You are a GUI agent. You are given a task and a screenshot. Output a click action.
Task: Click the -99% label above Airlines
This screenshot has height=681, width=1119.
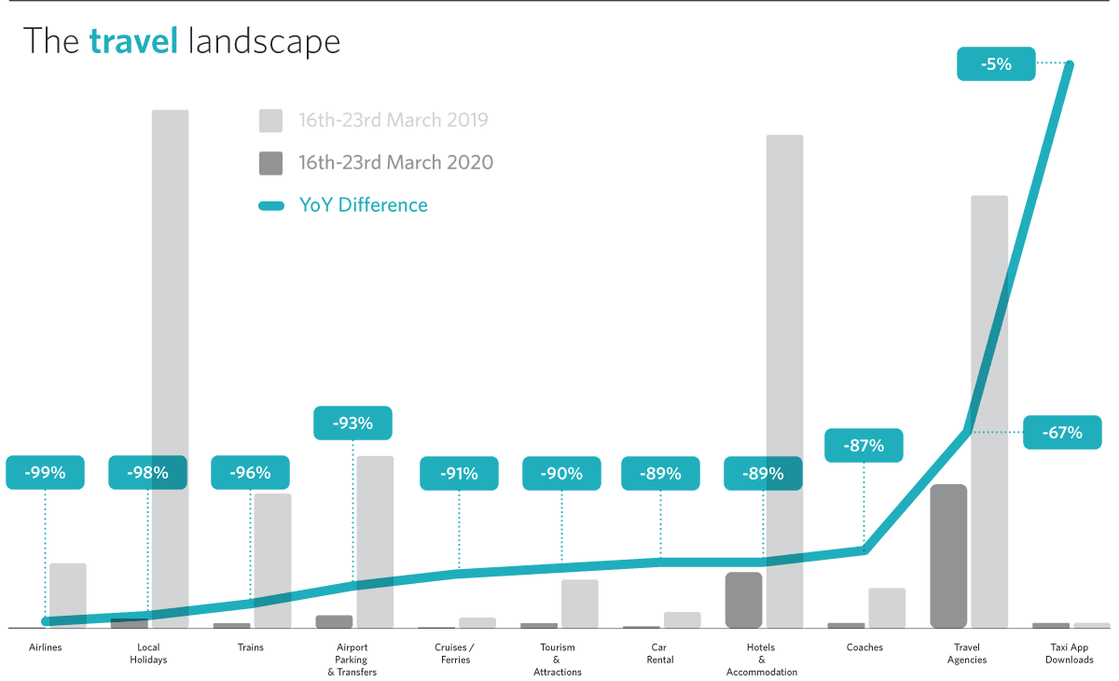pyautogui.click(x=45, y=473)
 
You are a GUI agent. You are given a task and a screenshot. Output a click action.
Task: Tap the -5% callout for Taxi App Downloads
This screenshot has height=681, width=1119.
pyautogui.click(x=996, y=64)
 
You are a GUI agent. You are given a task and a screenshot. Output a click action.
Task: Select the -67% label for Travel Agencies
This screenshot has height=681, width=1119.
pyautogui.click(x=1062, y=433)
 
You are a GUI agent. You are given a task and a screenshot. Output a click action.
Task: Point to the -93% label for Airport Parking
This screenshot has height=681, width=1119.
pyautogui.click(x=352, y=424)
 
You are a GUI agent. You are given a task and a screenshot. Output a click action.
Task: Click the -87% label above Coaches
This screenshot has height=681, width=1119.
pyautogui.click(x=864, y=446)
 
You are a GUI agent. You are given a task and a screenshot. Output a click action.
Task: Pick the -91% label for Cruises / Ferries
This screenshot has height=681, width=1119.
pyautogui.click(x=459, y=473)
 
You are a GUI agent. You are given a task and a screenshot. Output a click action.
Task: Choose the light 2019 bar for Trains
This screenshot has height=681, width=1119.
pyautogui.click(x=272, y=560)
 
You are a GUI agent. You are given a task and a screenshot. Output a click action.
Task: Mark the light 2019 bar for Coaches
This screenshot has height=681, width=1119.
pyautogui.click(x=887, y=607)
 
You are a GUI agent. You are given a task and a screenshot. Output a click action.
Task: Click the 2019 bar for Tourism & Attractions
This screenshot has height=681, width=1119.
pyautogui.click(x=579, y=604)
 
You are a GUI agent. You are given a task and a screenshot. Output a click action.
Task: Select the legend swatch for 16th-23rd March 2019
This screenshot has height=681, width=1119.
pyautogui.click(x=270, y=120)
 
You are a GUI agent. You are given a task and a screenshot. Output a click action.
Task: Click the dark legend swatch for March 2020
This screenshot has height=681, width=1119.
pyautogui.click(x=270, y=163)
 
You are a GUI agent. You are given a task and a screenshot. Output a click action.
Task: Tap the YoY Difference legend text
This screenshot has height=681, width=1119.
pyautogui.click(x=363, y=205)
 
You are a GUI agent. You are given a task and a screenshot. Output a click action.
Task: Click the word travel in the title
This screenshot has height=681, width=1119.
pyautogui.click(x=133, y=41)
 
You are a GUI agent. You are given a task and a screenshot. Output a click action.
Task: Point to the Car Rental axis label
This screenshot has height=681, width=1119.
pyautogui.click(x=660, y=653)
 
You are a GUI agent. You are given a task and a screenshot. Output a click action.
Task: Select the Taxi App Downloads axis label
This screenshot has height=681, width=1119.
pyautogui.click(x=1069, y=653)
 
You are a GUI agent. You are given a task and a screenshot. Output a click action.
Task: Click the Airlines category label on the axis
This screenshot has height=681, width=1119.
pyautogui.click(x=45, y=647)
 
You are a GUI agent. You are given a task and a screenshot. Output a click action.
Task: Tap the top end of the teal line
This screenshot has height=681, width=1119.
pyautogui.click(x=1070, y=64)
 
